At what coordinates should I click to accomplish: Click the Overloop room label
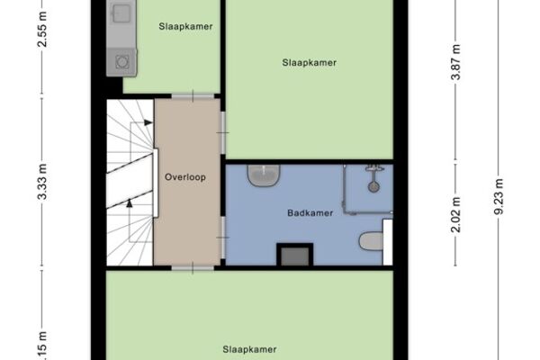pyautogui.click(x=185, y=177)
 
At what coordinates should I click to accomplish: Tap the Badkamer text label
pyautogui.click(x=310, y=213)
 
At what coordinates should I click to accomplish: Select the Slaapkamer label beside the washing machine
pyautogui.click(x=185, y=26)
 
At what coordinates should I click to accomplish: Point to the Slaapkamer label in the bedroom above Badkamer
pyautogui.click(x=310, y=63)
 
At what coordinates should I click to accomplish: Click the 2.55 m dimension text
pyautogui.click(x=42, y=30)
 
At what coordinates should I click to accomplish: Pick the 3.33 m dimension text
pyautogui.click(x=42, y=182)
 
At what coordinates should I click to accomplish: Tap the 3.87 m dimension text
pyautogui.click(x=456, y=62)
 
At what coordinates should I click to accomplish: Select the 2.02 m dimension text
pyautogui.click(x=456, y=214)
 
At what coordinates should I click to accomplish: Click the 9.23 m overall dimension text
pyautogui.click(x=499, y=196)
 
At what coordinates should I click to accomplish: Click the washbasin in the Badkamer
pyautogui.click(x=264, y=175)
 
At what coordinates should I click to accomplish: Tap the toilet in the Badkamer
pyautogui.click(x=371, y=241)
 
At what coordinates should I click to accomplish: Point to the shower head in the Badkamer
pyautogui.click(x=373, y=187)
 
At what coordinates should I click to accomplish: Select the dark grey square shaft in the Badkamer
pyautogui.click(x=295, y=255)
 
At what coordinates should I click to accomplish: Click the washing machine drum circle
pyautogui.click(x=121, y=62)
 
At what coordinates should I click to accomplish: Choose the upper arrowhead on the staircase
pyautogui.click(x=148, y=122)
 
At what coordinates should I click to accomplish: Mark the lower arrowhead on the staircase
pyautogui.click(x=129, y=203)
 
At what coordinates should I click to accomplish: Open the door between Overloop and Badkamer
pyautogui.click(x=223, y=238)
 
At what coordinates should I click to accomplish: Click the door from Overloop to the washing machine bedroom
pyautogui.click(x=193, y=96)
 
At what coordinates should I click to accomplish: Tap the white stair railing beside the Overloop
pyautogui.click(x=156, y=183)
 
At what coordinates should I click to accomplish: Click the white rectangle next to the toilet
pyautogui.click(x=388, y=242)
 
